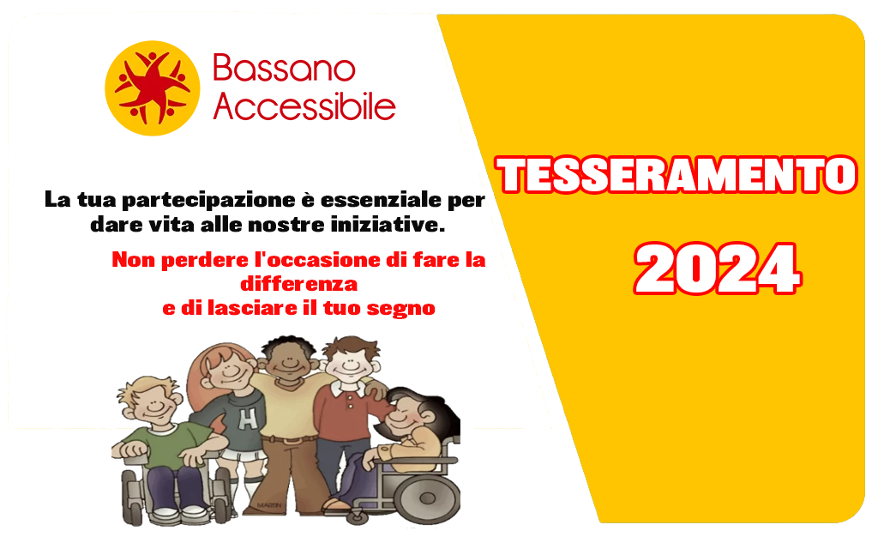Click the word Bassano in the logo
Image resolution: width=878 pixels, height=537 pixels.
pos(284,69)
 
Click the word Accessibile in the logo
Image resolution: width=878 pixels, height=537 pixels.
pos(304,106)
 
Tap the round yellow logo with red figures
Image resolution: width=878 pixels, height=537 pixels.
pos(153,87)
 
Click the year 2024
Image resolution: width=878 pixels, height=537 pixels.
pos(718,268)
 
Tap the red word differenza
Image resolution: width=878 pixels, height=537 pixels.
pos(299,284)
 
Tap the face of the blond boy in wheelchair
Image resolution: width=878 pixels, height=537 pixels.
pos(155,404)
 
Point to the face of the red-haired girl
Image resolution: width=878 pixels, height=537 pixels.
pos(231,370)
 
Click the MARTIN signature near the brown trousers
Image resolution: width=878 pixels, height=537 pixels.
pos(268,505)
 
